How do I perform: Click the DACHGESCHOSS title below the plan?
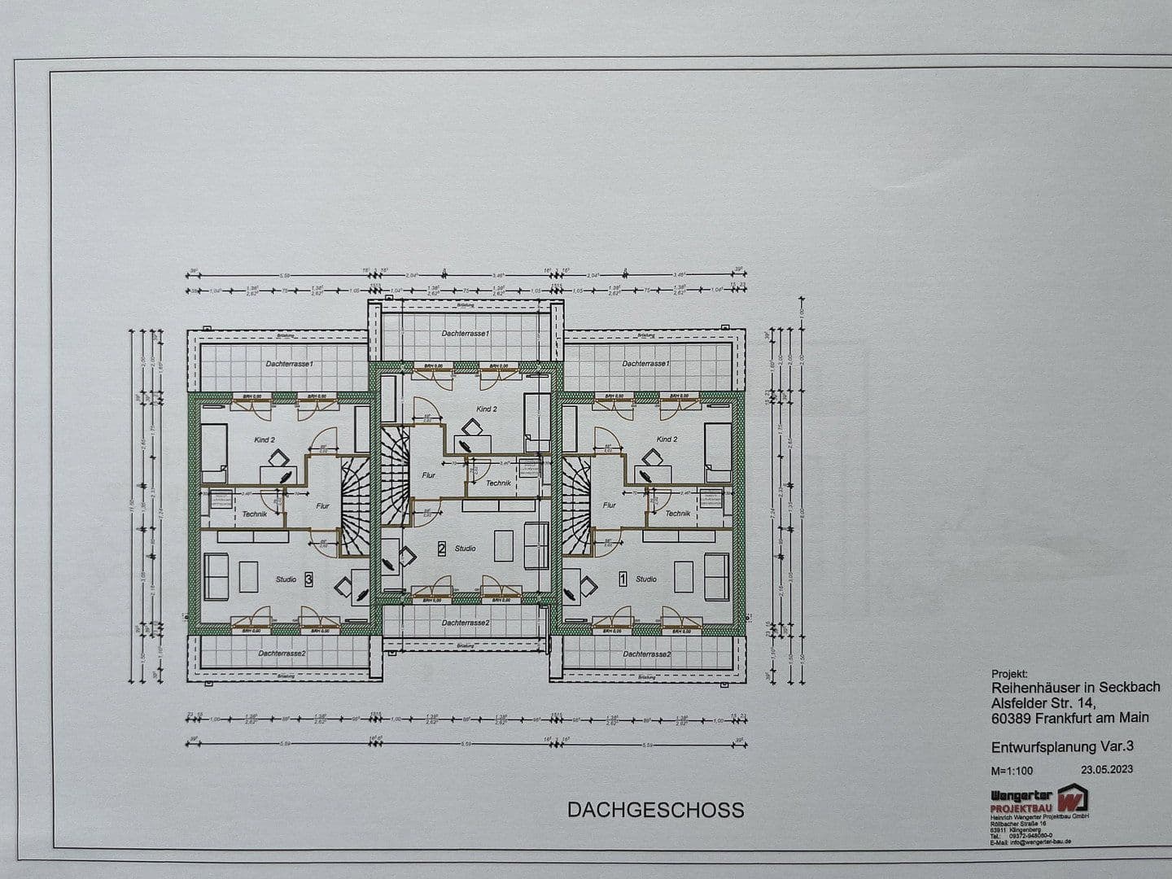coord(655,810)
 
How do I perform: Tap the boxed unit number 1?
coord(623,579)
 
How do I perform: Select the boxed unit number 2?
coord(442,549)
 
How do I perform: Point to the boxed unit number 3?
coord(308,579)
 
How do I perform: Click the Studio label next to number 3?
coord(286,579)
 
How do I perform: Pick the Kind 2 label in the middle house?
coord(485,409)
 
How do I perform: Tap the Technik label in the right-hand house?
coord(677,514)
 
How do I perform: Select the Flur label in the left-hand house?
coord(323,505)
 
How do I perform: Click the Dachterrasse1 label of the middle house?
coord(465,334)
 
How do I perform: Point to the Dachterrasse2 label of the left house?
coord(282,654)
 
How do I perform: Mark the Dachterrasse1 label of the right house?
coord(645,363)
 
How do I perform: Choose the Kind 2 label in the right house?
coord(667,439)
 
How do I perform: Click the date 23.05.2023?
coord(1106,768)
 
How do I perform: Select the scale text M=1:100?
coord(1012,770)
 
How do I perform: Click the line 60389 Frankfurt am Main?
coord(1069,717)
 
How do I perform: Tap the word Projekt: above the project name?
coord(1009,674)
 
